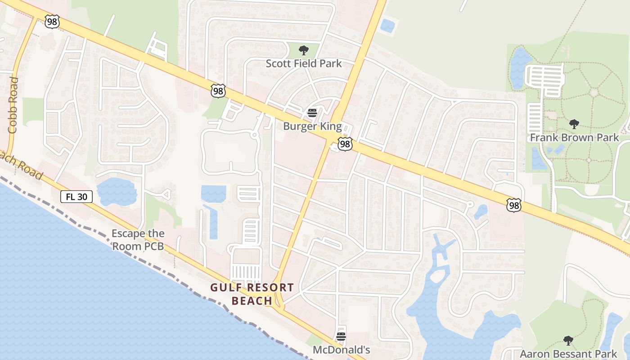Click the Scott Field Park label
tap(304, 63)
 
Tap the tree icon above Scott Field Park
tap(304, 50)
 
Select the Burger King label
tap(312, 126)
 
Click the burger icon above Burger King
tap(312, 112)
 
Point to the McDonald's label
tap(341, 350)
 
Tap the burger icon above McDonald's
tap(341, 336)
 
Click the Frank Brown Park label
tap(575, 138)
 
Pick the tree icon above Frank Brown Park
tap(574, 124)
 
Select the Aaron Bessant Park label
tap(568, 354)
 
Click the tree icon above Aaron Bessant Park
tap(568, 340)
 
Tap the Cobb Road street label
tap(13, 105)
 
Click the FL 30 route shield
tap(76, 196)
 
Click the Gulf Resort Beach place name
tap(252, 294)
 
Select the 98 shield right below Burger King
tap(345, 144)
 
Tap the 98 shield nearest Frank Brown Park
tap(513, 205)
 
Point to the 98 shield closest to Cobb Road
tap(52, 21)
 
